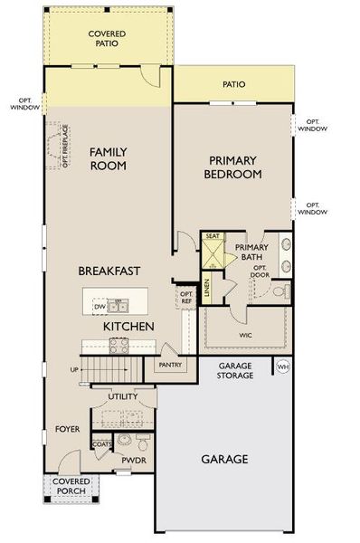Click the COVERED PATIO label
106,39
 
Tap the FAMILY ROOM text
107,159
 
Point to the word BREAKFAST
108,271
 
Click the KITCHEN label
128,326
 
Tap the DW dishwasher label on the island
99,307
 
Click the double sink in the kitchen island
119,305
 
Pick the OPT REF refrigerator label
186,297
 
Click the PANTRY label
170,366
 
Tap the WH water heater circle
282,367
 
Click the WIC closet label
247,335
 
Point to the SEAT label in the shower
213,236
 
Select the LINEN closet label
207,288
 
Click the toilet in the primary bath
281,291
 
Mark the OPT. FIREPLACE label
65,147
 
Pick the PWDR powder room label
133,460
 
